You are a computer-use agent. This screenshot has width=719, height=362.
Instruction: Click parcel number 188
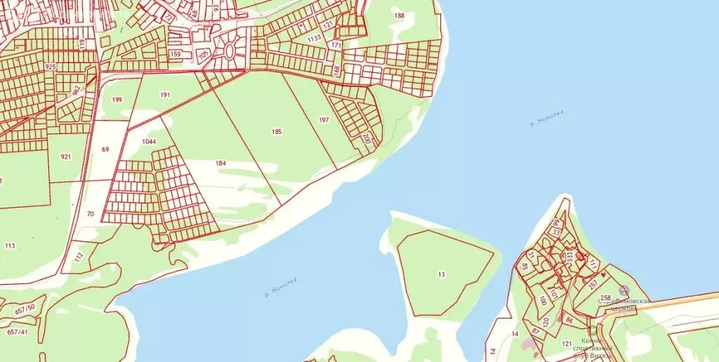click(x=400, y=15)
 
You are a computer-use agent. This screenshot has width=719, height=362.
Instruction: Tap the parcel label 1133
click(x=314, y=38)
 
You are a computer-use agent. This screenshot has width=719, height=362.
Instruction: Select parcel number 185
click(x=277, y=131)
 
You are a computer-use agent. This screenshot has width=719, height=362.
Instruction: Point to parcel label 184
click(x=221, y=163)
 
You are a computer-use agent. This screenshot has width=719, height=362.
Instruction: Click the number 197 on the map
click(x=324, y=120)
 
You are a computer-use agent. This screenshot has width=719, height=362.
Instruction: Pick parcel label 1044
click(x=148, y=142)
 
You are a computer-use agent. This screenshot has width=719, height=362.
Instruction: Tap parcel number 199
click(x=117, y=100)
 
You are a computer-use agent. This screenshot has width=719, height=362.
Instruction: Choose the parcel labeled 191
click(x=165, y=95)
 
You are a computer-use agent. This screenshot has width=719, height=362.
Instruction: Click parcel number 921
click(x=65, y=157)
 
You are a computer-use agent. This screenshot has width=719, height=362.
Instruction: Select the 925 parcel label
click(x=50, y=66)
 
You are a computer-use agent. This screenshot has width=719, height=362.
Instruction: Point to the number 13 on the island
click(x=441, y=274)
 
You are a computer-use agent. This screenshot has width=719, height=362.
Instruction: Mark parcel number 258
click(x=605, y=298)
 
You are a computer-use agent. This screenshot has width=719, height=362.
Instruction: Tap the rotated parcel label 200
click(x=366, y=138)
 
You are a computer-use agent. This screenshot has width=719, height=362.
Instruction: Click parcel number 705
click(x=204, y=54)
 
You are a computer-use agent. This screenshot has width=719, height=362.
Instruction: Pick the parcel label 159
click(x=176, y=54)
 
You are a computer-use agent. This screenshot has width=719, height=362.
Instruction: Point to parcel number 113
click(x=10, y=246)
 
